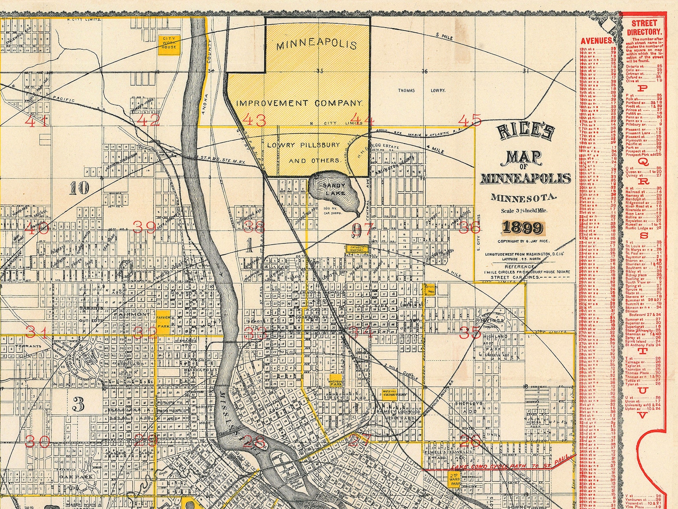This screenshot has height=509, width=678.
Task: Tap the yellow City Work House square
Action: point(168,44)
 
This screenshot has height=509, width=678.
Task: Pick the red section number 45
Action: point(470,120)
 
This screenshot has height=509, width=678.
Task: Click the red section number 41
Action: point(36,121)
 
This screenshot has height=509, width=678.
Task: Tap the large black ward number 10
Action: point(80,188)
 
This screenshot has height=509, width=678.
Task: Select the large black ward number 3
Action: point(78,404)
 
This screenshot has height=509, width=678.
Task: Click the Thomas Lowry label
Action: point(421,91)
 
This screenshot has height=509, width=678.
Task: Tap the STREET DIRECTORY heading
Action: point(644,27)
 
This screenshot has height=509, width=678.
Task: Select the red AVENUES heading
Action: point(597,41)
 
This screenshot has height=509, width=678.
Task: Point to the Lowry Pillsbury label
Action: point(303,145)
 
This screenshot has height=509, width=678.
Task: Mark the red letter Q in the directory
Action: point(644,162)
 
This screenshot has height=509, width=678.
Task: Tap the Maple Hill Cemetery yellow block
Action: point(393,395)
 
